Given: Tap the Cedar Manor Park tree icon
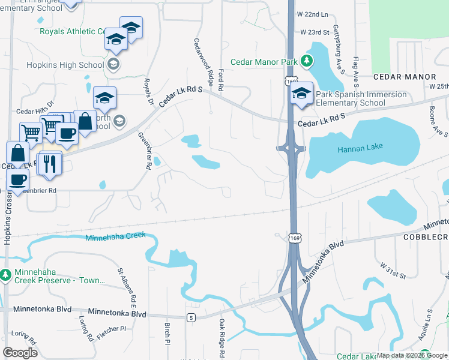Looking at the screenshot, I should point(307,61).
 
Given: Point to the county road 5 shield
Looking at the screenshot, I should point(191,317).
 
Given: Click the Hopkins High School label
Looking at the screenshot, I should point(66,65).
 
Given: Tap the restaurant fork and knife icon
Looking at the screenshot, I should point(49,163).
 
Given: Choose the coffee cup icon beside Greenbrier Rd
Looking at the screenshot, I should point(18,179).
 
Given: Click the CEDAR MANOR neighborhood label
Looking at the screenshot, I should point(404,77).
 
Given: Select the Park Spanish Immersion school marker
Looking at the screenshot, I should point(301,94).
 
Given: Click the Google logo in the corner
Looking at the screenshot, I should point(20,352).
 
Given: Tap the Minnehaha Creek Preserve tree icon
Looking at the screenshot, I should point(6,275).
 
